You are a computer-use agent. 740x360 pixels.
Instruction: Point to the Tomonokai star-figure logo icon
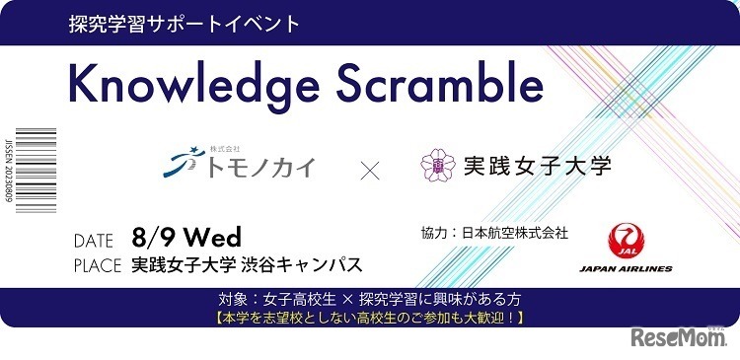pos(180,164)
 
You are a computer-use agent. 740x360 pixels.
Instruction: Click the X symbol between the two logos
pos(370,171)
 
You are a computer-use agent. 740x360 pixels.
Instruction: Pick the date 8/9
pos(152,238)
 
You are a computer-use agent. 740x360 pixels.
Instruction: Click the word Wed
pos(209,238)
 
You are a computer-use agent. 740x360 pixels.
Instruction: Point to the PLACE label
pos(98,265)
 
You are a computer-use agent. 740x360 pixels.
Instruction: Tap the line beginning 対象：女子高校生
pos(369,299)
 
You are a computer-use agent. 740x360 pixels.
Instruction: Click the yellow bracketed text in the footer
pos(369,318)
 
